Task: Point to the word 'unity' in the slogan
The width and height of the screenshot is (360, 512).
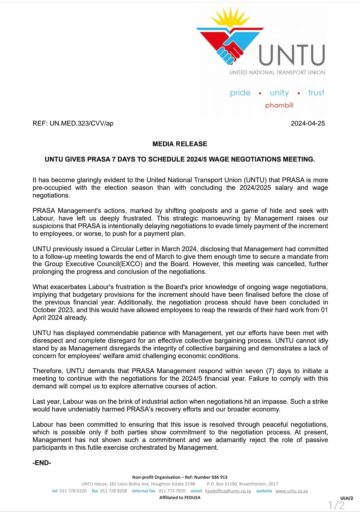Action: click(x=282, y=91)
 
